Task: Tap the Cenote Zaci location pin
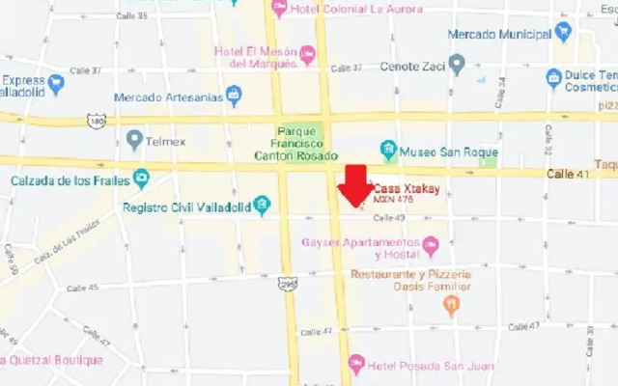[x=457, y=65]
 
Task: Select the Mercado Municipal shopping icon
[x=563, y=31]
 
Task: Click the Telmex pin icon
[x=134, y=140]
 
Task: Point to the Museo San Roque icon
[x=388, y=150]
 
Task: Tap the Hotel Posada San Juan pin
[x=356, y=363]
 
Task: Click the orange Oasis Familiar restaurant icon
[x=451, y=305]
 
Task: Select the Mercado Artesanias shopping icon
[x=233, y=95]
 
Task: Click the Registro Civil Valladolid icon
[x=262, y=205]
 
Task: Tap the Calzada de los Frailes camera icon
[x=142, y=179]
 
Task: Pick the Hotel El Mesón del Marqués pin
[x=307, y=55]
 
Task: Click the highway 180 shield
[x=95, y=120]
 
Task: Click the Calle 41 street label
[x=568, y=173]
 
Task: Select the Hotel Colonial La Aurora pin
[x=279, y=9]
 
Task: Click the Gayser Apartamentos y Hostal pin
[x=431, y=246]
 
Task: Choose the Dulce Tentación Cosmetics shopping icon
[x=553, y=77]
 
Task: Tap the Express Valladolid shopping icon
[x=56, y=84]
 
